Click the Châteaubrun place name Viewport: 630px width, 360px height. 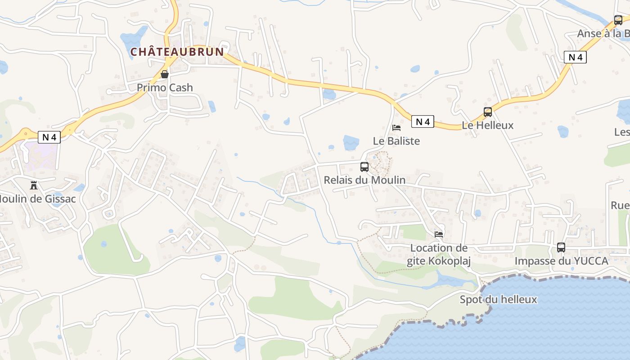(x=177, y=52)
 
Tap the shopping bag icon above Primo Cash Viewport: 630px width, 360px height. (x=165, y=74)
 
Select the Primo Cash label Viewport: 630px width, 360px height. (x=165, y=87)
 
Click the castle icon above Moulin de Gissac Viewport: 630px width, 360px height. (x=33, y=185)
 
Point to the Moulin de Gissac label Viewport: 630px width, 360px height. (x=38, y=198)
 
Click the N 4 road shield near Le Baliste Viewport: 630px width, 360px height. (x=423, y=121)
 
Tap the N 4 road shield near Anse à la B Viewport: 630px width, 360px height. (x=575, y=57)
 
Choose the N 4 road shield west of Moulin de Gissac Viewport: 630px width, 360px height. (x=49, y=137)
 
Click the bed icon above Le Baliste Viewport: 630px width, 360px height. (x=396, y=128)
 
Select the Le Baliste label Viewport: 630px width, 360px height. (x=396, y=141)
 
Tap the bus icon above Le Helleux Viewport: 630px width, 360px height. (x=488, y=112)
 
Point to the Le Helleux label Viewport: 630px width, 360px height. (x=488, y=125)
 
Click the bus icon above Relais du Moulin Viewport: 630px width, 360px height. (x=364, y=167)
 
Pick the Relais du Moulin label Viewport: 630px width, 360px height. (x=364, y=180)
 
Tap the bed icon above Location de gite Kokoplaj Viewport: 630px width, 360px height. (x=439, y=234)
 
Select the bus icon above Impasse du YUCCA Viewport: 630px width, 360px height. (x=561, y=247)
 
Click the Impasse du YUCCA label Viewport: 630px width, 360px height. (x=561, y=261)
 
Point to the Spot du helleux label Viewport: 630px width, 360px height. (x=498, y=299)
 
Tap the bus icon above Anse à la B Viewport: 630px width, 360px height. (x=618, y=20)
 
